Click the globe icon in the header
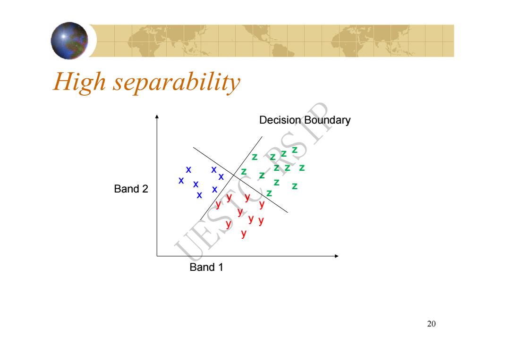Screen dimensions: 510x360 pos(69,41)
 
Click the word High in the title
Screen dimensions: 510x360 pos(79,82)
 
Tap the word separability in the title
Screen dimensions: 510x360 pos(177,83)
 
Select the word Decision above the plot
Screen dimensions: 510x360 pos(280,120)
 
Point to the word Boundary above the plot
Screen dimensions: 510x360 pos(328,120)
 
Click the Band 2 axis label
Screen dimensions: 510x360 pos(131,189)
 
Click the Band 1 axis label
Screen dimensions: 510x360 pos(206,267)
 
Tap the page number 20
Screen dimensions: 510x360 pos(431,324)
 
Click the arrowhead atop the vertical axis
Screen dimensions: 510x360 pos(157,117)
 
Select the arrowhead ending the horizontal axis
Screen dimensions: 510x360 pos(337,256)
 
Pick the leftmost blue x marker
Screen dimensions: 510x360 pos(181,180)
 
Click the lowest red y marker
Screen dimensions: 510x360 pos(244,234)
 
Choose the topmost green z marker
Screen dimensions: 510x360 pos(295,150)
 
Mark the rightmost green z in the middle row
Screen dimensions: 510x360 pos(302,167)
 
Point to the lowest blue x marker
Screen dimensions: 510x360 pos(199,195)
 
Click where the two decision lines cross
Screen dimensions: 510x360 pos(234,175)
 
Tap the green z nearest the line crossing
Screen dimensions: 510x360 pos(244,172)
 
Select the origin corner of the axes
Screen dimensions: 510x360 pos(157,256)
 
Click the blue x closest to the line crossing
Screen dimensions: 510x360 pos(221,177)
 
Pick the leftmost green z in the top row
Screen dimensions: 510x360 pos(255,157)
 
